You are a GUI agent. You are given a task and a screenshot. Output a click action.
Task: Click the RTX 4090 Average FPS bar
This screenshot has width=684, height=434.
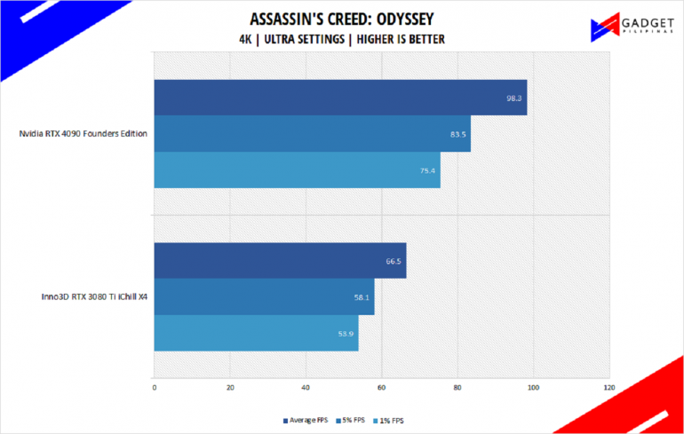tap(340, 98)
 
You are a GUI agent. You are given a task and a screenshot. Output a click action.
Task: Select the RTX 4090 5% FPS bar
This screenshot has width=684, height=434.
tap(312, 134)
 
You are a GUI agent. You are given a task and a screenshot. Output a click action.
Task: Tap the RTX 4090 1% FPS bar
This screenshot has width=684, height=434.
tap(297, 170)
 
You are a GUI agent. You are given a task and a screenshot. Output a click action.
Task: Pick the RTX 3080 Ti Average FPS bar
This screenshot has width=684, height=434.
tap(280, 260)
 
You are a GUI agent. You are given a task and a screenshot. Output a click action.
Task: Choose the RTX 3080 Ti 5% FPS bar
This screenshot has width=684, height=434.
tap(264, 296)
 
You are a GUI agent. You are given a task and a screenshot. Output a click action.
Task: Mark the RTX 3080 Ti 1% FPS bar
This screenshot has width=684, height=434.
tap(256, 333)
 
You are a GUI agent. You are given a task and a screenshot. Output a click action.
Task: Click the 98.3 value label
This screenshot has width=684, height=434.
tap(513, 98)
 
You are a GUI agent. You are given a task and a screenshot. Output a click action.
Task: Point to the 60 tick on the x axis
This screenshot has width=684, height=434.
tap(382, 387)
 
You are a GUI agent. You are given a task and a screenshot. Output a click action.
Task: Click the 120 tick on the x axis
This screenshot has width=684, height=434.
tap(608, 387)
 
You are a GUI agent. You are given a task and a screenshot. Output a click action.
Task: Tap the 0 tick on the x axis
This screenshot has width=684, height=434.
tap(155, 387)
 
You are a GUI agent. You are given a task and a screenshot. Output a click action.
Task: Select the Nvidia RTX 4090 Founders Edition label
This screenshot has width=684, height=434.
tap(83, 134)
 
